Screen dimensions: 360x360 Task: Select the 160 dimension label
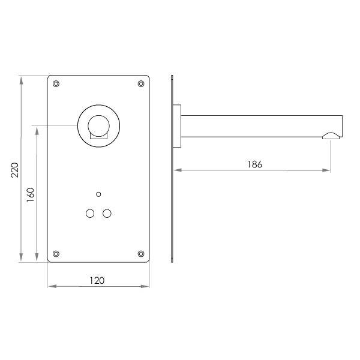tap(31, 196)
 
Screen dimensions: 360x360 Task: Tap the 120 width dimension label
tap(98, 280)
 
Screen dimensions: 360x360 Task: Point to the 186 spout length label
tap(254, 164)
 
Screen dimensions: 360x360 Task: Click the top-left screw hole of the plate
tap(56, 84)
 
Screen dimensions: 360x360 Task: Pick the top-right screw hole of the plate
tap(142, 84)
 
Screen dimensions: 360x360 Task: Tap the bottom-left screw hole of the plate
tap(56, 253)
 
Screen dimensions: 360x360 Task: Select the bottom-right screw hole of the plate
tap(142, 253)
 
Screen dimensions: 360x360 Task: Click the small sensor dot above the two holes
tap(99, 194)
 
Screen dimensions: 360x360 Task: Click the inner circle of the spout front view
tap(98, 124)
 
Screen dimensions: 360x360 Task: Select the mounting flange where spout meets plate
tap(177, 125)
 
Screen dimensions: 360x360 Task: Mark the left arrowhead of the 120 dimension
tap(51, 286)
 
